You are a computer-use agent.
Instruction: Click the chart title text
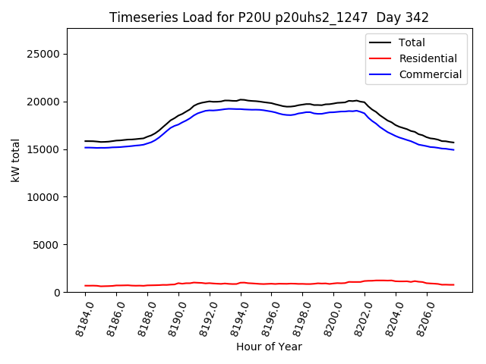tap(269, 17)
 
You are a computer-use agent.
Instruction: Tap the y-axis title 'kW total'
tap(16, 161)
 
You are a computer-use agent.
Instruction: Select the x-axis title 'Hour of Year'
tap(269, 347)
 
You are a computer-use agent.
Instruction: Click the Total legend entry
tap(412, 42)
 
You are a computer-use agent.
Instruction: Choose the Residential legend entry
tap(428, 58)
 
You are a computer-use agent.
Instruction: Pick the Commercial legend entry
tap(430, 74)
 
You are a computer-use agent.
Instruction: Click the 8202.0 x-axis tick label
tap(361, 318)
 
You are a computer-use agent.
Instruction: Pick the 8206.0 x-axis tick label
tap(424, 318)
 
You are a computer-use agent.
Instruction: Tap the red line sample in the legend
tap(381, 58)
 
